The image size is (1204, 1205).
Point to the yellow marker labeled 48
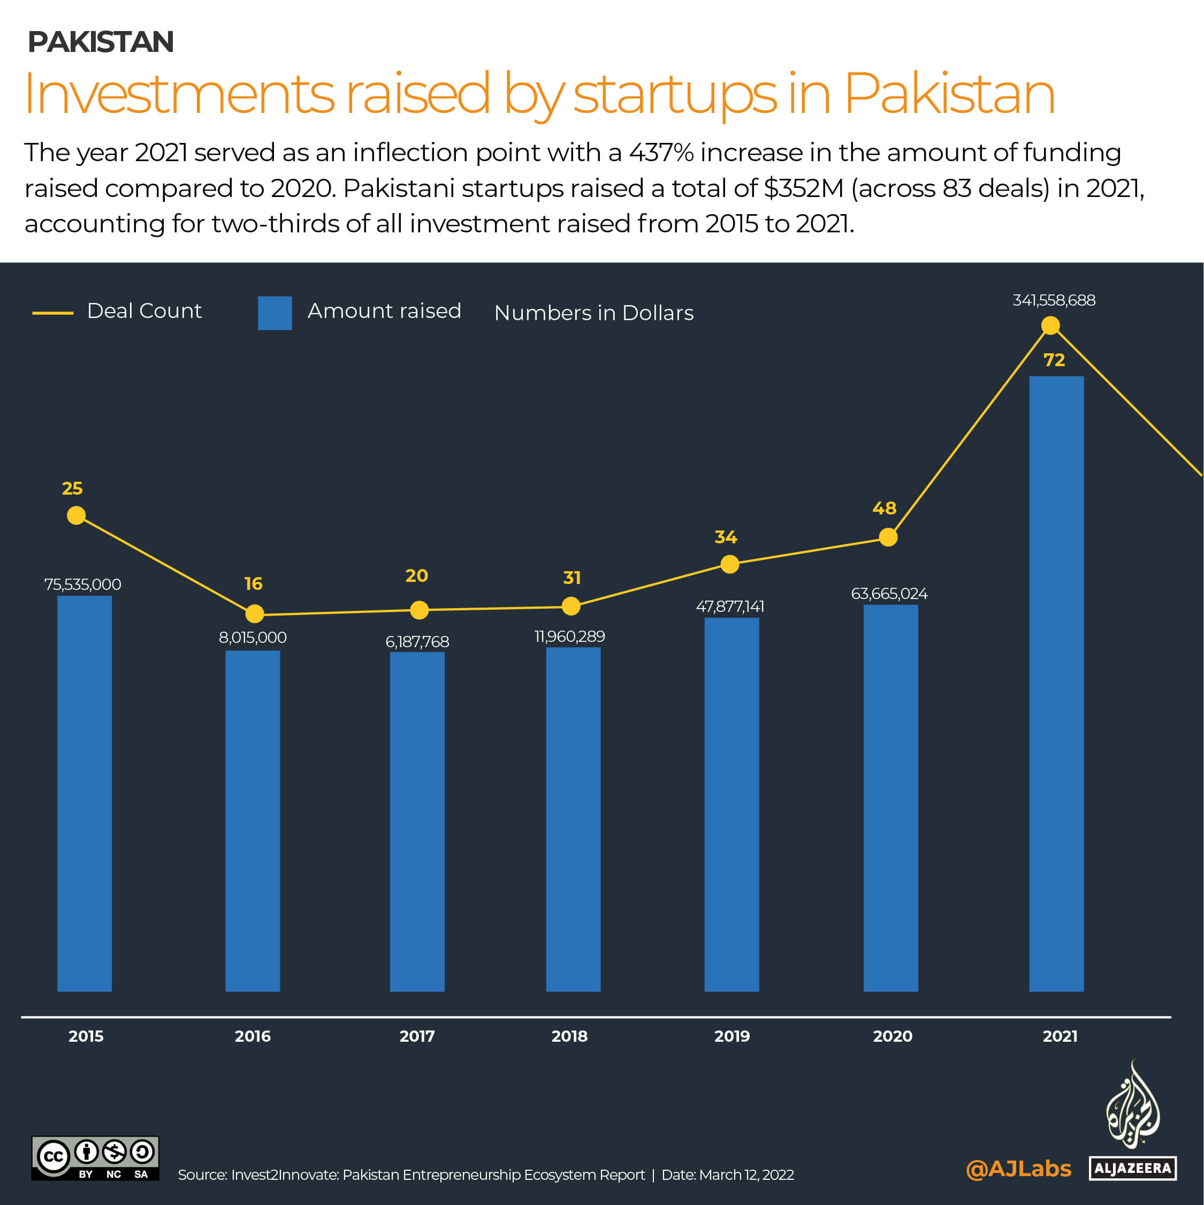[x=888, y=537]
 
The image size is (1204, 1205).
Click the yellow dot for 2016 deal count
[x=254, y=613]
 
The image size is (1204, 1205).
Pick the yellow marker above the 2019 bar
[x=729, y=564]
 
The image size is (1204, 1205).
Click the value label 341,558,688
[x=1054, y=300]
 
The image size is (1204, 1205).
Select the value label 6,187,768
[x=417, y=641]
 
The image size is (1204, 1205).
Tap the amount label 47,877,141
[x=729, y=606]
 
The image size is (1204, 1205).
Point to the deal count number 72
[x=1054, y=360]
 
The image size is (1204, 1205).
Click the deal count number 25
[x=72, y=488]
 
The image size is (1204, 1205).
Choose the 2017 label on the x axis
[x=417, y=1036]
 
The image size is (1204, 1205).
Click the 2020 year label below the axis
[x=892, y=1036]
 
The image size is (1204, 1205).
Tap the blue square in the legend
[x=275, y=313]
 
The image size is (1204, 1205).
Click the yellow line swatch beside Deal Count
[x=53, y=313]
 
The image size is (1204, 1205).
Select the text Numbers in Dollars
[x=593, y=313]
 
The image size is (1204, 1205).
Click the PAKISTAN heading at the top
[x=101, y=42]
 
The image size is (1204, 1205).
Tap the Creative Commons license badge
[x=95, y=1158]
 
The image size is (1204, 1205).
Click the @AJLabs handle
[x=1018, y=1168]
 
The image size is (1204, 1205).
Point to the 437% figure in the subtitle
[x=661, y=153]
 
